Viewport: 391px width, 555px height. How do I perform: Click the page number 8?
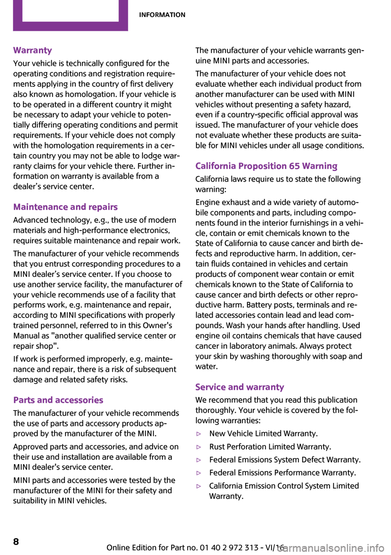16,541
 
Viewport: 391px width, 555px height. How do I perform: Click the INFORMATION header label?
162,15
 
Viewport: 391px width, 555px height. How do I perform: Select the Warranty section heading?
33,50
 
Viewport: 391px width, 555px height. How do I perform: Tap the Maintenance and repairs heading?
65,207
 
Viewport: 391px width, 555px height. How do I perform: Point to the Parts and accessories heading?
58,400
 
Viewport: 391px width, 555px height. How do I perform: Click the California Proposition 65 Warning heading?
266,166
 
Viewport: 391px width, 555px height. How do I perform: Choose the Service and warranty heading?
239,387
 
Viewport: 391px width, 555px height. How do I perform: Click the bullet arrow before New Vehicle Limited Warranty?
199,434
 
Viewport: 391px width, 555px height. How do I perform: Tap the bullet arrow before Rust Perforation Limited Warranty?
199,447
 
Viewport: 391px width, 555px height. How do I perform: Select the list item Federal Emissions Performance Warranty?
282,473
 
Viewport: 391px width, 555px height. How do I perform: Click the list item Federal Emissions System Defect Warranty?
285,460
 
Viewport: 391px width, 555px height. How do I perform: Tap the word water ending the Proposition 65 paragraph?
206,367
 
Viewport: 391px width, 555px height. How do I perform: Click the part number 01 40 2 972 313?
229,547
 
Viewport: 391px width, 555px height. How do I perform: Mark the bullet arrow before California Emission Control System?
199,486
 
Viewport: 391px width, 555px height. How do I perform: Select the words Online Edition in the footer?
132,547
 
